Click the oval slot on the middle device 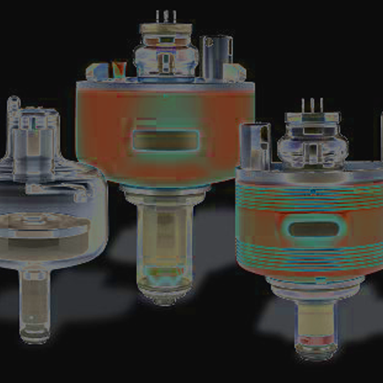tap(164, 141)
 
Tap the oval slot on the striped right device tap(312, 230)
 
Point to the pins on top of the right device tap(312, 106)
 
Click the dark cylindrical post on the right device tap(256, 144)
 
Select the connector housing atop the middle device tap(165, 52)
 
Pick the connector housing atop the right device tap(312, 144)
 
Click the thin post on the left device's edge tap(14, 128)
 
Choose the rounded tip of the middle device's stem tap(165, 293)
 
